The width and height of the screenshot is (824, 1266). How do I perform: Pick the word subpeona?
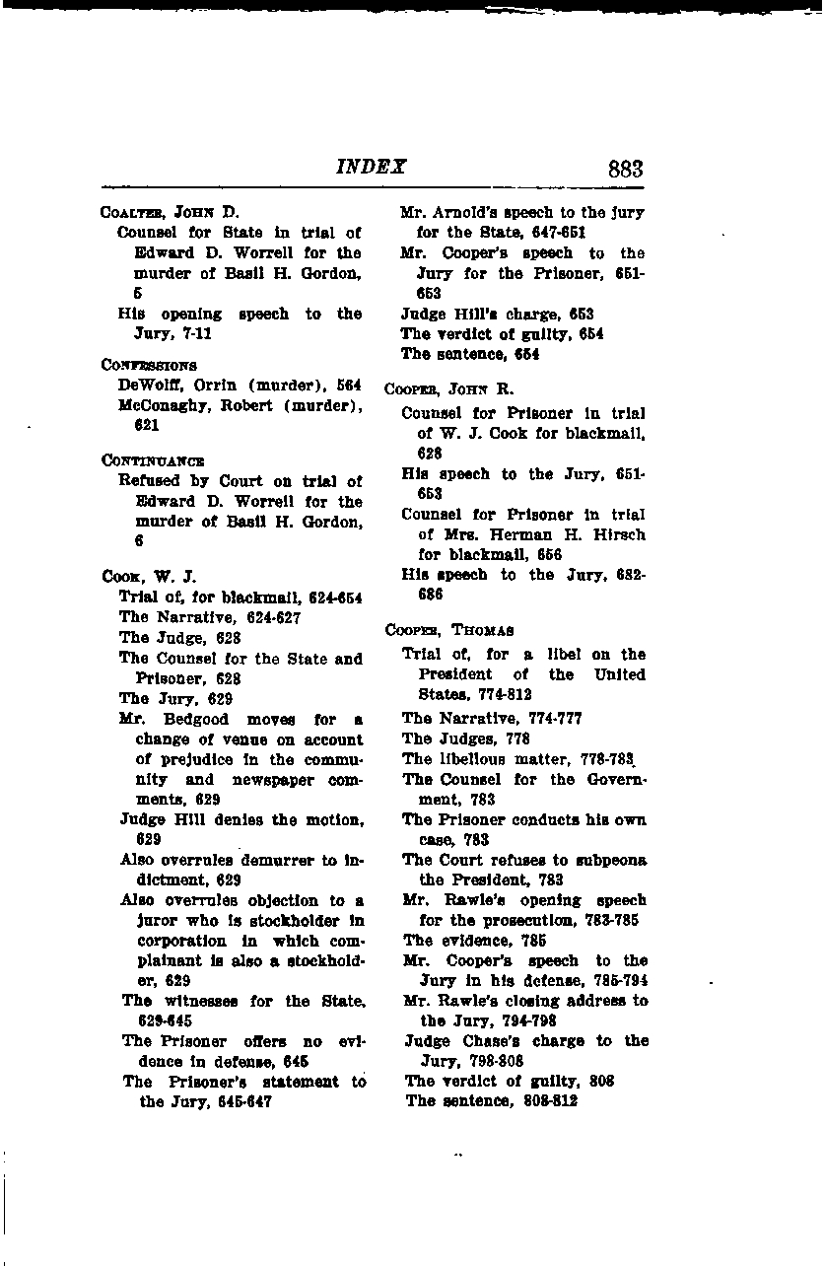coord(612,860)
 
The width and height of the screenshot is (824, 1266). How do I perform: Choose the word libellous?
coord(473,758)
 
